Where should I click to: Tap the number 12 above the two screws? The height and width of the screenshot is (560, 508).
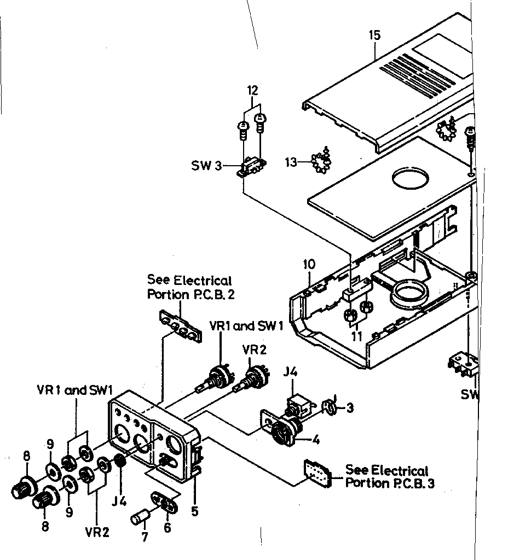click(x=252, y=90)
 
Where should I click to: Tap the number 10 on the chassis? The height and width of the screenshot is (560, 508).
click(x=309, y=265)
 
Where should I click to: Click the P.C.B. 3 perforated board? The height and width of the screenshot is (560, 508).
click(x=317, y=472)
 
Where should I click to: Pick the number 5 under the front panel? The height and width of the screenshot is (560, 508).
click(x=195, y=512)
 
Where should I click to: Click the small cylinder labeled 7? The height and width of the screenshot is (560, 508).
click(x=141, y=517)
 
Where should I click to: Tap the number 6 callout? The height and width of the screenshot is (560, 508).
click(x=168, y=528)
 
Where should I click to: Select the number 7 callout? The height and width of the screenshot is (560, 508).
click(x=144, y=537)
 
